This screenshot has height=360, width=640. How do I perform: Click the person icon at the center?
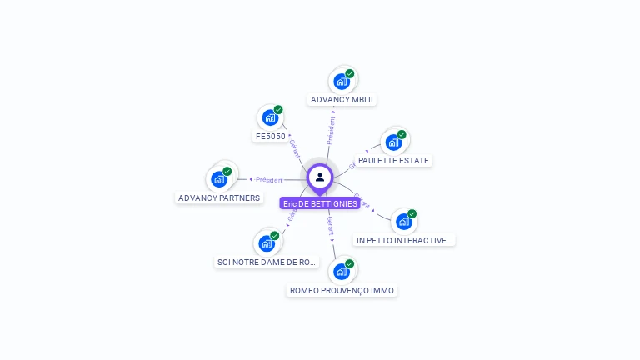320,177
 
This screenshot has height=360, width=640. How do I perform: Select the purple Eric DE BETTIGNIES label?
320,203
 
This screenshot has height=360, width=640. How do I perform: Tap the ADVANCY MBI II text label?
342,100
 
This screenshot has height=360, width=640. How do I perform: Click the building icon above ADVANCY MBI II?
341,82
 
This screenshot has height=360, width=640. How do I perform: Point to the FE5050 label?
270,136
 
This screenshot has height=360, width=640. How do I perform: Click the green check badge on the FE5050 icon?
278,110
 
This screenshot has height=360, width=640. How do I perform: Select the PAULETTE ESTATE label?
393,160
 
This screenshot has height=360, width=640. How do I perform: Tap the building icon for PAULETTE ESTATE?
393,142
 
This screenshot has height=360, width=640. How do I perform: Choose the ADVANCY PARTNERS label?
219,198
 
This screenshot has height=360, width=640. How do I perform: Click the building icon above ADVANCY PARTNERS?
218,179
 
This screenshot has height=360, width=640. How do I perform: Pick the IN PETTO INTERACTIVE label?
404,240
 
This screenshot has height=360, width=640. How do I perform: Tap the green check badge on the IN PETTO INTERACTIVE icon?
412,214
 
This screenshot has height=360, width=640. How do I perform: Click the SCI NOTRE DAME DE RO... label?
267,262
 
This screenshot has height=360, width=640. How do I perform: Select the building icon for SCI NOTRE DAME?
266,243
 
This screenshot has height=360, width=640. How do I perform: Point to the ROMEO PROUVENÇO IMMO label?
342,291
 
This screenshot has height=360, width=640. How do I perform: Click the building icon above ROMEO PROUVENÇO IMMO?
341,272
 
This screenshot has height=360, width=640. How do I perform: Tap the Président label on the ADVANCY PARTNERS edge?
269,179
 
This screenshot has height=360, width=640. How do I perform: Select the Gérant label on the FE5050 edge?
294,148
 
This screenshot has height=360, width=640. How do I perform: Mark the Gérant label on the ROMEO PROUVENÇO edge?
330,225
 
